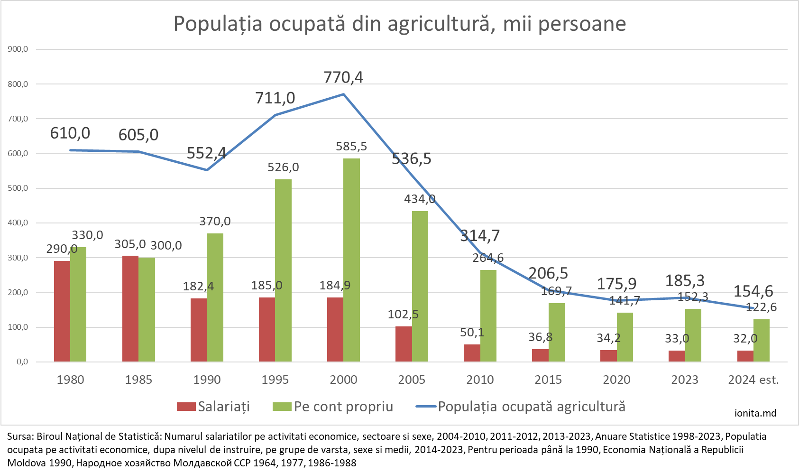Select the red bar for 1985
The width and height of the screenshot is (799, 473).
(x=130, y=308)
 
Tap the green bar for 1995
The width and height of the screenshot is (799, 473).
(x=283, y=270)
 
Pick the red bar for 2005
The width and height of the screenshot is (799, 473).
(x=404, y=344)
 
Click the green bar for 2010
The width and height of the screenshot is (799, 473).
(x=488, y=315)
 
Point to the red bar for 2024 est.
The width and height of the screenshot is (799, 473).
(x=745, y=356)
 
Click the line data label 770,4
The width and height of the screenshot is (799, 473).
(x=343, y=77)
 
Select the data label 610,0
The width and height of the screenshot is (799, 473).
(x=70, y=133)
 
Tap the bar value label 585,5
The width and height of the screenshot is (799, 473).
(x=351, y=147)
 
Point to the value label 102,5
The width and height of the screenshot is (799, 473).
(x=403, y=315)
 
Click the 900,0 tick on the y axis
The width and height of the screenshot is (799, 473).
(x=18, y=49)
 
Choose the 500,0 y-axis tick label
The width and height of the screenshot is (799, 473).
(x=18, y=188)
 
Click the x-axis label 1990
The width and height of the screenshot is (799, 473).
(x=207, y=380)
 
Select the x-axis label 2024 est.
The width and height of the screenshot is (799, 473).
(x=753, y=380)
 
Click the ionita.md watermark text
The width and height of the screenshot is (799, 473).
(x=755, y=413)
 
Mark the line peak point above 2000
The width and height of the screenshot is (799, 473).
(x=343, y=94)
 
